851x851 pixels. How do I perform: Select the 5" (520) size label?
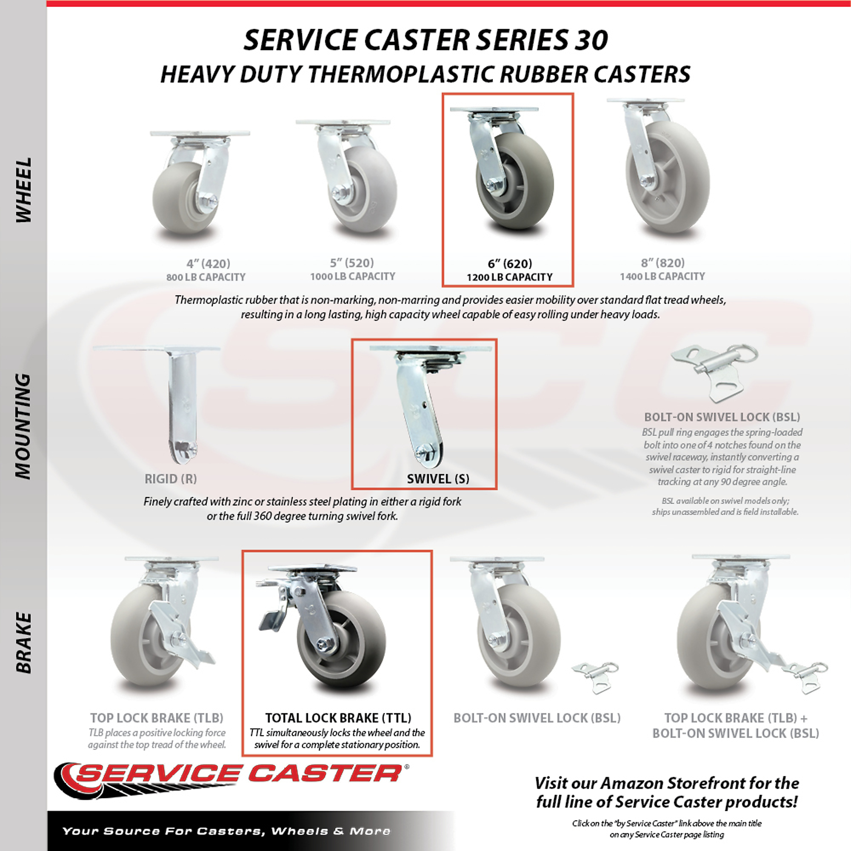(352, 263)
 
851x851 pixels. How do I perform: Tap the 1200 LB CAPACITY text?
(510, 277)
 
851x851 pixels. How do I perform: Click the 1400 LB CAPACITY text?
(663, 276)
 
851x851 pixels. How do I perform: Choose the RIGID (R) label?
(171, 479)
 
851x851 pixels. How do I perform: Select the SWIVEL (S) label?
(438, 479)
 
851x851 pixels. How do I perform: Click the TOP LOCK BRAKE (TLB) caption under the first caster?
(157, 718)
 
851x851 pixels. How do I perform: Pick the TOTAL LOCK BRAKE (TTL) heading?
(338, 718)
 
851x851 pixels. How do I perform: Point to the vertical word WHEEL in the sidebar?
(24, 190)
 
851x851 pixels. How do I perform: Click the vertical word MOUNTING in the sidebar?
(24, 426)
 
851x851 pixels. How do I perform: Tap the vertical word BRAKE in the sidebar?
(24, 643)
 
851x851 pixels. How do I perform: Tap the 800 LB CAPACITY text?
(206, 277)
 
